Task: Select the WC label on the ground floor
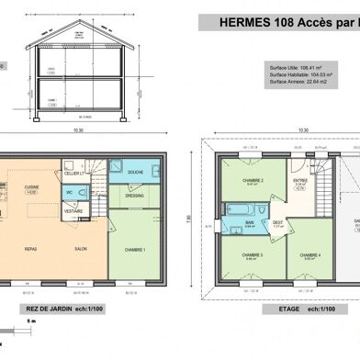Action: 69,192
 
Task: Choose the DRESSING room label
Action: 135,195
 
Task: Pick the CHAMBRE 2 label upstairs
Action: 253,181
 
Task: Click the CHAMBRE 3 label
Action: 253,254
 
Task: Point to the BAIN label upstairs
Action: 250,220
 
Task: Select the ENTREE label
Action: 300,181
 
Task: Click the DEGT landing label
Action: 278,221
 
